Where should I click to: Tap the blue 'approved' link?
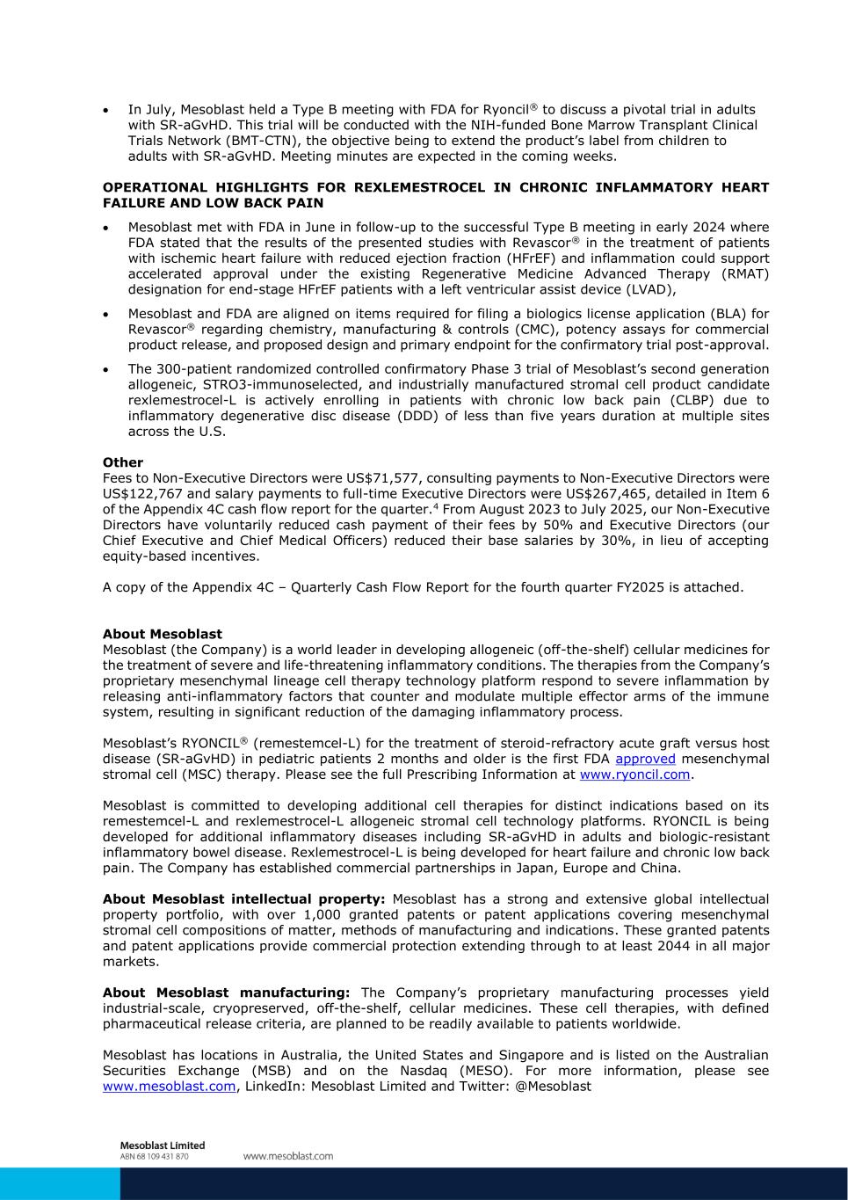click(x=645, y=759)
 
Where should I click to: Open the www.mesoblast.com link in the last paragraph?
click(x=169, y=1087)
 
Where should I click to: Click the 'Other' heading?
click(x=123, y=462)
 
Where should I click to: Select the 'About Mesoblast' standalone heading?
click(x=163, y=634)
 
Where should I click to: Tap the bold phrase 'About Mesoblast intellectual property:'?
click(x=243, y=899)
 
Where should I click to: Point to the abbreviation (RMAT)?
click(x=743, y=274)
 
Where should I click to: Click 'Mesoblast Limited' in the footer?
click(x=162, y=1145)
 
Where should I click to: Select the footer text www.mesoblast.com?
click(x=287, y=1156)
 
